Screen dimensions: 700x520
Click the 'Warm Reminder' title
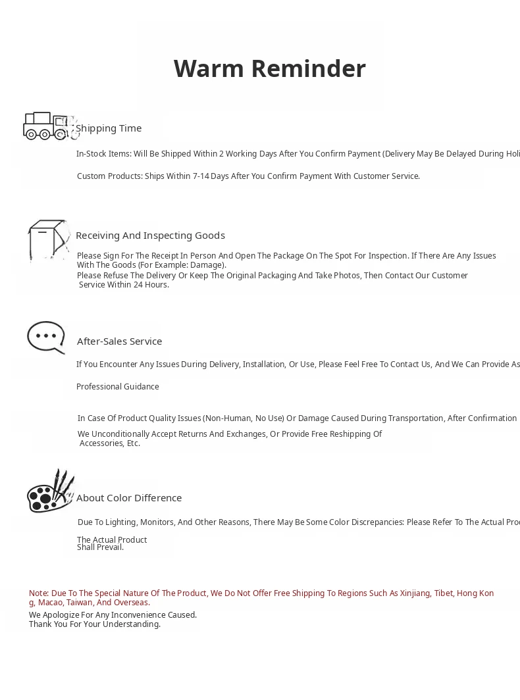(x=269, y=68)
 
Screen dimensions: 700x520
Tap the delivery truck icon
(x=49, y=126)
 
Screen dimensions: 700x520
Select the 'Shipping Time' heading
(x=109, y=128)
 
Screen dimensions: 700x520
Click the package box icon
(x=48, y=240)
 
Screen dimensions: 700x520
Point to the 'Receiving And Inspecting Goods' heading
(x=150, y=236)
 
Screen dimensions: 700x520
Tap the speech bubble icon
(x=46, y=337)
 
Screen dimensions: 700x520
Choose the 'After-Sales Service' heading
(x=119, y=341)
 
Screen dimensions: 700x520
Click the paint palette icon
(x=49, y=492)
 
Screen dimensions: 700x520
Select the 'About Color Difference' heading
(x=129, y=498)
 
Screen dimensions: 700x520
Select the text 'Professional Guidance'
(x=117, y=387)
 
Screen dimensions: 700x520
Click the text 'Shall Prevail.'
(x=100, y=547)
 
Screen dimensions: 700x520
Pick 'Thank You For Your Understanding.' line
(x=95, y=624)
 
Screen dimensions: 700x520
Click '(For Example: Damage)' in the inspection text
(x=182, y=265)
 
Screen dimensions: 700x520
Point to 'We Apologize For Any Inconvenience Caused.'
(x=113, y=615)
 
